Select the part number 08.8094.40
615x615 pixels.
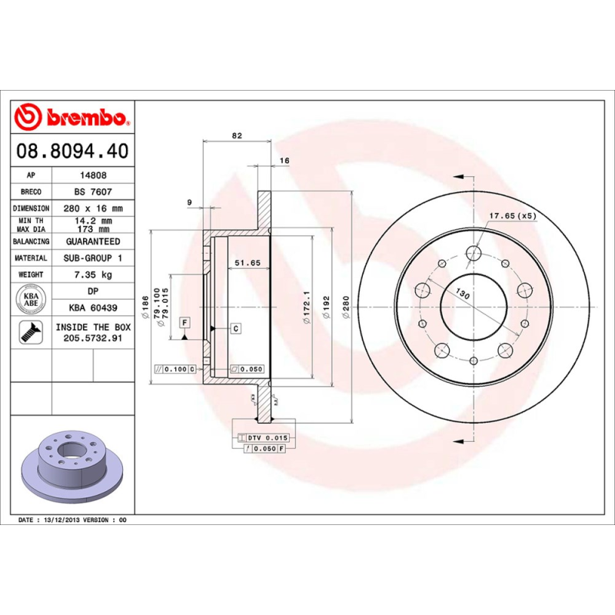coord(71,151)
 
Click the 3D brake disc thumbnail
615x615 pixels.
coord(71,464)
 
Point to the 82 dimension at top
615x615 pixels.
coord(237,135)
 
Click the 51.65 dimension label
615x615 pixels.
coord(248,263)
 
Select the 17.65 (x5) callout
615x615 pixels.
coord(513,216)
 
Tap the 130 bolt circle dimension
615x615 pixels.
coord(463,294)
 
